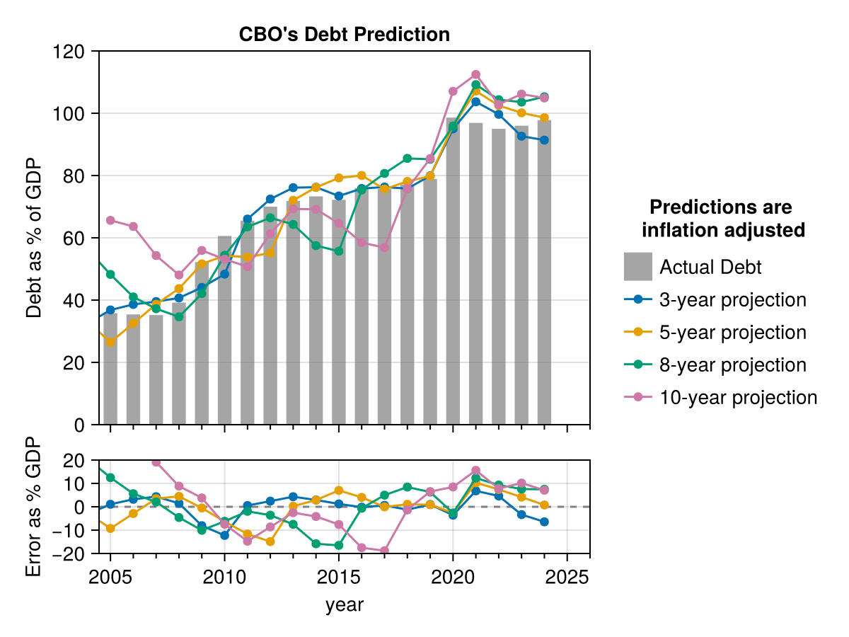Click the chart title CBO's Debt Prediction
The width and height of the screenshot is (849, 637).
[344, 34]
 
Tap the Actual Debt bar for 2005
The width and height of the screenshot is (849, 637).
[110, 368]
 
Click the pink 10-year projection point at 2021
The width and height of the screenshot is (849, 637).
[475, 74]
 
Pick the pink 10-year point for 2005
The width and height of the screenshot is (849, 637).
[110, 220]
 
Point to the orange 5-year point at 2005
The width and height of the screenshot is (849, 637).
[110, 342]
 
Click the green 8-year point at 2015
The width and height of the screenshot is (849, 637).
[339, 251]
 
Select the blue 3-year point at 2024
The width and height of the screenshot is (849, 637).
[544, 140]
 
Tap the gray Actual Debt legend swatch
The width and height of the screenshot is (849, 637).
[637, 267]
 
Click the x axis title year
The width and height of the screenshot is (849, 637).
[344, 604]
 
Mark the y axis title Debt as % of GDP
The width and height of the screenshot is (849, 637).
[33, 238]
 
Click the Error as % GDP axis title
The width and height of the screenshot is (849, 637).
[33, 506]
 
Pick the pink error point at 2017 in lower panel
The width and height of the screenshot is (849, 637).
[384, 551]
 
